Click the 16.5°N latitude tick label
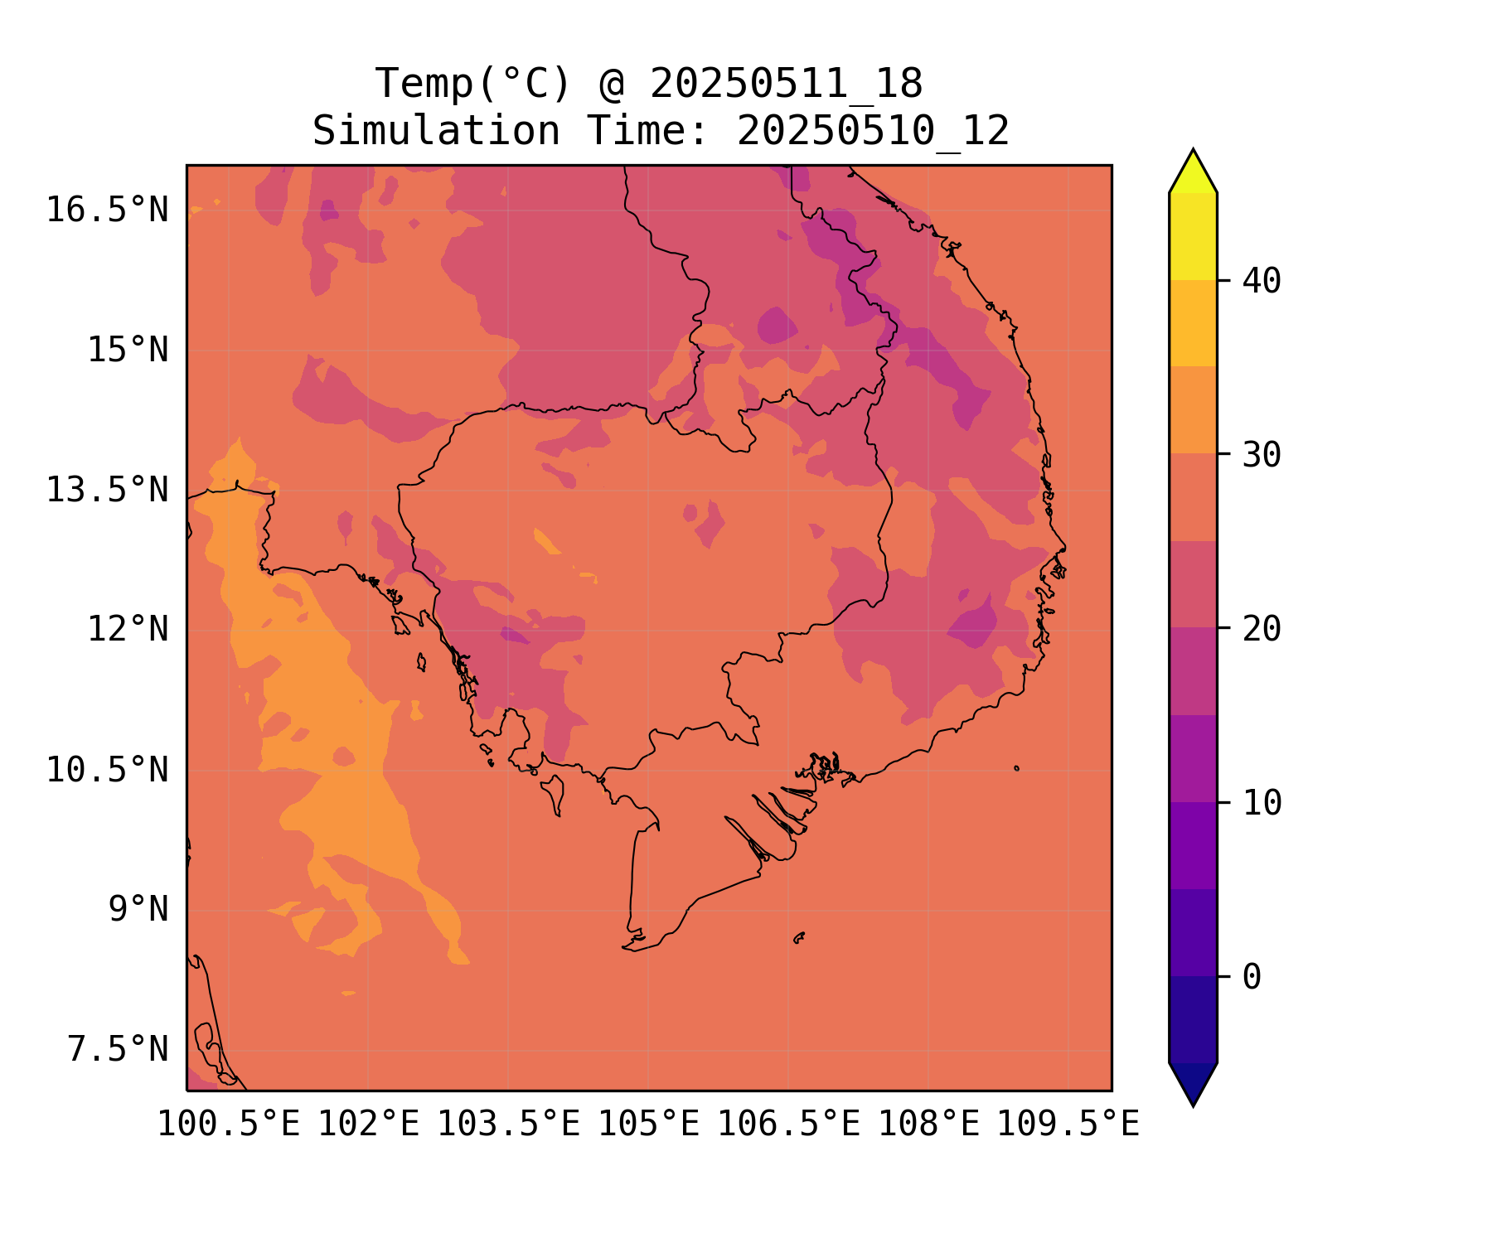tap(107, 210)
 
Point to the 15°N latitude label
tap(128, 350)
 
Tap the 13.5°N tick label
tap(107, 490)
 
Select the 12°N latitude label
tap(128, 629)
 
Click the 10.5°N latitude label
tap(107, 770)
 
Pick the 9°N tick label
tap(138, 909)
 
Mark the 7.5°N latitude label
tap(118, 1049)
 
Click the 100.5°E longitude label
tap(229, 1125)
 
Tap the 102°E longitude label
tap(369, 1125)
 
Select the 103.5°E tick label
tap(508, 1125)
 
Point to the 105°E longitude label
tap(648, 1125)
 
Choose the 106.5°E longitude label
tap(788, 1125)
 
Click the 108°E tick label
tap(928, 1125)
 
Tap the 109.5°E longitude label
tap(1068, 1125)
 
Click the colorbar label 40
tap(1262, 281)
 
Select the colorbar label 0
tap(1252, 977)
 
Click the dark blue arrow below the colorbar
tap(1193, 1082)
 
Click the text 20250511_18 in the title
tap(786, 85)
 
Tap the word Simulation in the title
tap(436, 131)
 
